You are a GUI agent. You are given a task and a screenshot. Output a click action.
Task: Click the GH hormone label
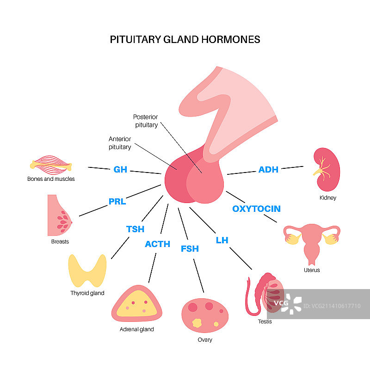tap(120, 170)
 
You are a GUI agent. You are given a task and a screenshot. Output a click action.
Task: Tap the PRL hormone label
tap(117, 202)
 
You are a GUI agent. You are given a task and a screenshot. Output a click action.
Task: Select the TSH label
tap(135, 229)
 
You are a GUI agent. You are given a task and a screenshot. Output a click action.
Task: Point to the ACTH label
tap(157, 244)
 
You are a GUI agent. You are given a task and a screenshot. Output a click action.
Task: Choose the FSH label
tap(190, 249)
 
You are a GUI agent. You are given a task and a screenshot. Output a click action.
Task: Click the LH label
tap(222, 240)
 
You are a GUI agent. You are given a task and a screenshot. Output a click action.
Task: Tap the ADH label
tap(268, 170)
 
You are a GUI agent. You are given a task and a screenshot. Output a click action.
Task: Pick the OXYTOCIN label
tap(256, 209)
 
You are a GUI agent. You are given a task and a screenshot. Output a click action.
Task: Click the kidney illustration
tap(327, 170)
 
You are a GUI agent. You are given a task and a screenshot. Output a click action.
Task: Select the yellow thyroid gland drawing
tap(88, 270)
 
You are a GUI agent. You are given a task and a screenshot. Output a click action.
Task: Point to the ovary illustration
tap(204, 315)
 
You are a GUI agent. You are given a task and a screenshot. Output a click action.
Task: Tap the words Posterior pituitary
tap(145, 121)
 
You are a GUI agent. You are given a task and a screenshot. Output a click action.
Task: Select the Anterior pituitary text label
tap(120, 143)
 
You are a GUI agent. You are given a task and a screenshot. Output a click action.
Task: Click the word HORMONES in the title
tap(230, 39)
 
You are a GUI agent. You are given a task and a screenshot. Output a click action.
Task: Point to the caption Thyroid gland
tap(87, 293)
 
